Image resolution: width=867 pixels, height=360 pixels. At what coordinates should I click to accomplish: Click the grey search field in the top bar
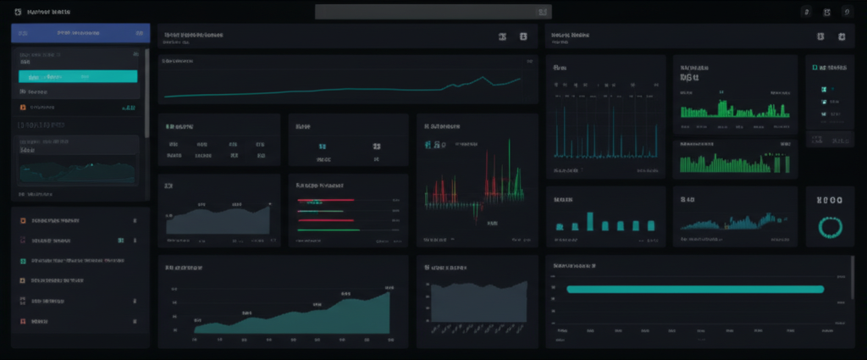432,12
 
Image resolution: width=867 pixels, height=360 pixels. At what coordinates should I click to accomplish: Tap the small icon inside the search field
543,12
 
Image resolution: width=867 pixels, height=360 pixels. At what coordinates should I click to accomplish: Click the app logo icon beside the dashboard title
19,12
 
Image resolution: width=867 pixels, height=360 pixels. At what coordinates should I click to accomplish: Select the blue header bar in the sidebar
80,33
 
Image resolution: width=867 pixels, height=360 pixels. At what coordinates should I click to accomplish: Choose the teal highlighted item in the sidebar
78,76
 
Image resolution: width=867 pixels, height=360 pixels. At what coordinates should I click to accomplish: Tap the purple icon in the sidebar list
23,240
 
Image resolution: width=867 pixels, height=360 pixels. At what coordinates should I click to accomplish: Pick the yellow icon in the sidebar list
23,220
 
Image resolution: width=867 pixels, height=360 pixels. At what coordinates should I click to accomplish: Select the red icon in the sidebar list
23,322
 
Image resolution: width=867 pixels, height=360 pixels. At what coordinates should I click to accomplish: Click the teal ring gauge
829,226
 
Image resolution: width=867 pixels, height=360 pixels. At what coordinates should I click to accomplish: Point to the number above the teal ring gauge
829,202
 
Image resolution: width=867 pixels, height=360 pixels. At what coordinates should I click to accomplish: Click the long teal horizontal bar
694,289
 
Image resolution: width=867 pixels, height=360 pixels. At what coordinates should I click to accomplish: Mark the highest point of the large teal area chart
388,293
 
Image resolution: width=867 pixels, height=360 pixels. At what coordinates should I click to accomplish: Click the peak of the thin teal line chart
483,78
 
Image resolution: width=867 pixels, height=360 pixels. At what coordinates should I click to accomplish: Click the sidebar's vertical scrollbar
147,93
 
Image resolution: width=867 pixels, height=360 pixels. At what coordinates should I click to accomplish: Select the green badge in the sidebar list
121,240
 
